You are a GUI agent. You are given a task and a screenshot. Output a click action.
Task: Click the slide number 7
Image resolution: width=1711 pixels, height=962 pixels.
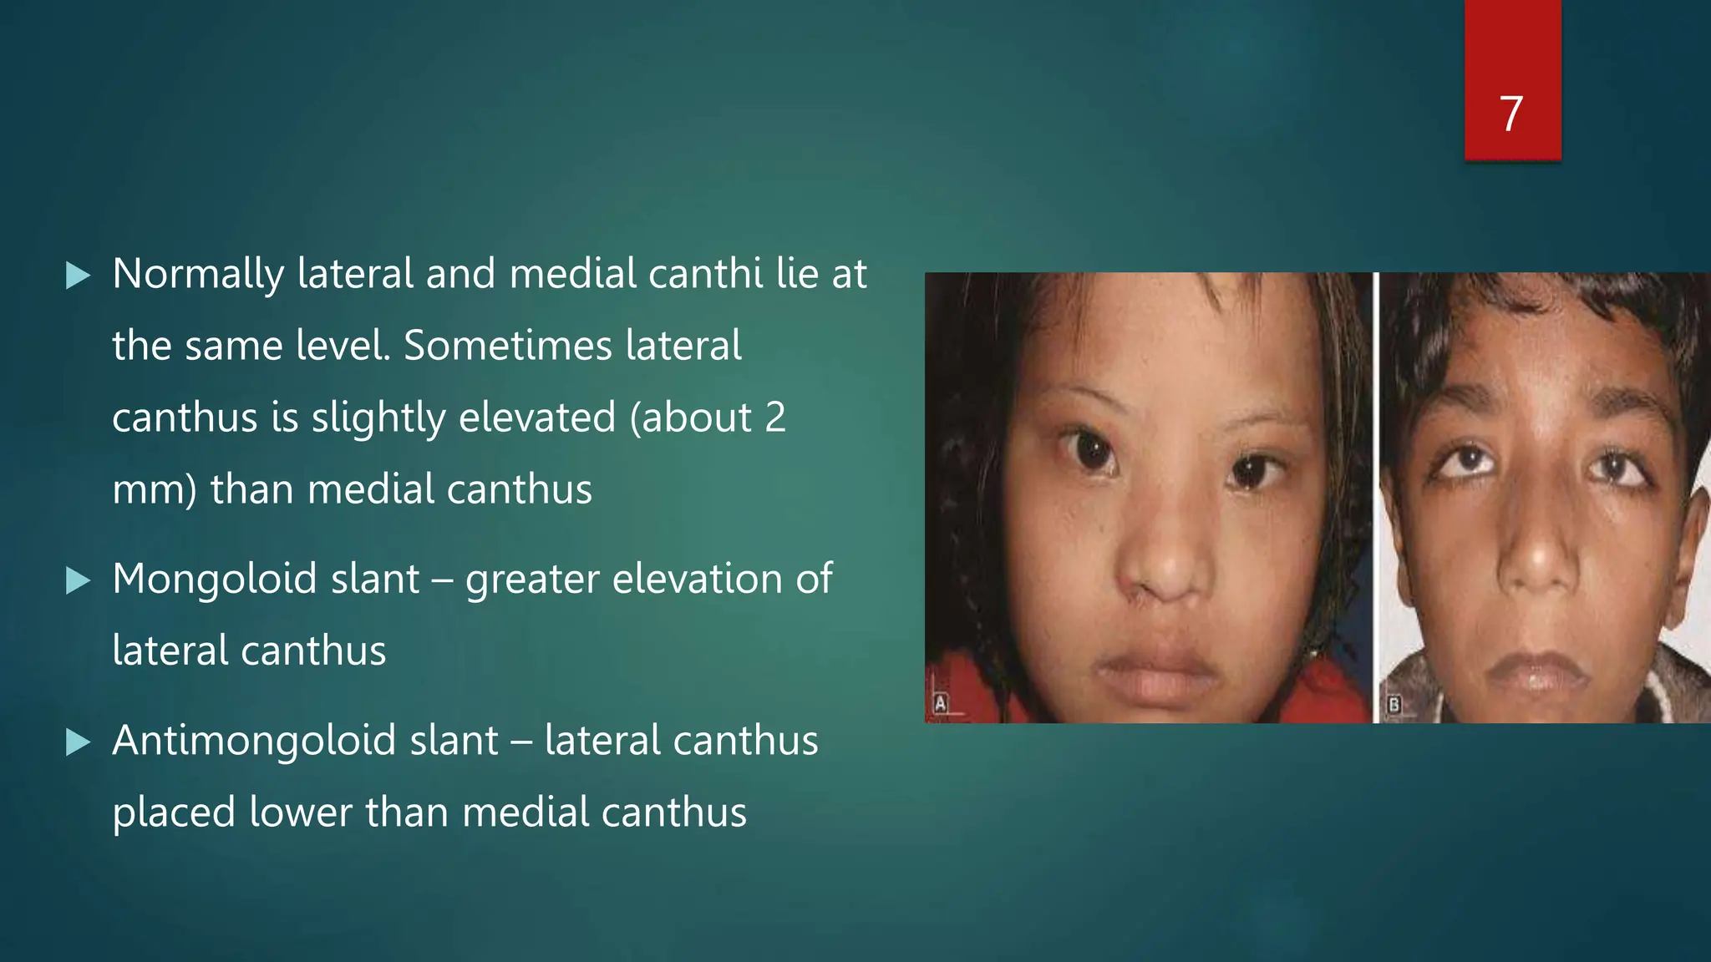pyautogui.click(x=1510, y=114)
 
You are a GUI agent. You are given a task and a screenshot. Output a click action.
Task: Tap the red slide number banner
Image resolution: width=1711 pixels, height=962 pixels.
pyautogui.click(x=1512, y=50)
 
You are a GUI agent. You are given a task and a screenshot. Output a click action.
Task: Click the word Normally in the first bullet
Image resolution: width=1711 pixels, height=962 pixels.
pyautogui.click(x=198, y=274)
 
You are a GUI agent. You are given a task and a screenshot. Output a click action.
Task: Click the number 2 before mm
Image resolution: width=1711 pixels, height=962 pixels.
pyautogui.click(x=774, y=418)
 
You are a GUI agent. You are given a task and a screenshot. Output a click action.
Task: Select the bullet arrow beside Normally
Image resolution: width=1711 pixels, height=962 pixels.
pyautogui.click(x=78, y=275)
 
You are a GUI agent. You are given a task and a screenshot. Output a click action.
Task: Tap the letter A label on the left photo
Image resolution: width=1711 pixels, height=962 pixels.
pyautogui.click(x=941, y=703)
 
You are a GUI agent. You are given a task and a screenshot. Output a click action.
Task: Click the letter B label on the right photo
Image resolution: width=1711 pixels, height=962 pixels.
pyautogui.click(x=1394, y=705)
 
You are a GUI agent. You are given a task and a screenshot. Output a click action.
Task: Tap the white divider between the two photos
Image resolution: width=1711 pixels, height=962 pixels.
pyautogui.click(x=1375, y=497)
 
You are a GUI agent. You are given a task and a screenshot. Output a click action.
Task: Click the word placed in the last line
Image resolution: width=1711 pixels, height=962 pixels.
pyautogui.click(x=174, y=813)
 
